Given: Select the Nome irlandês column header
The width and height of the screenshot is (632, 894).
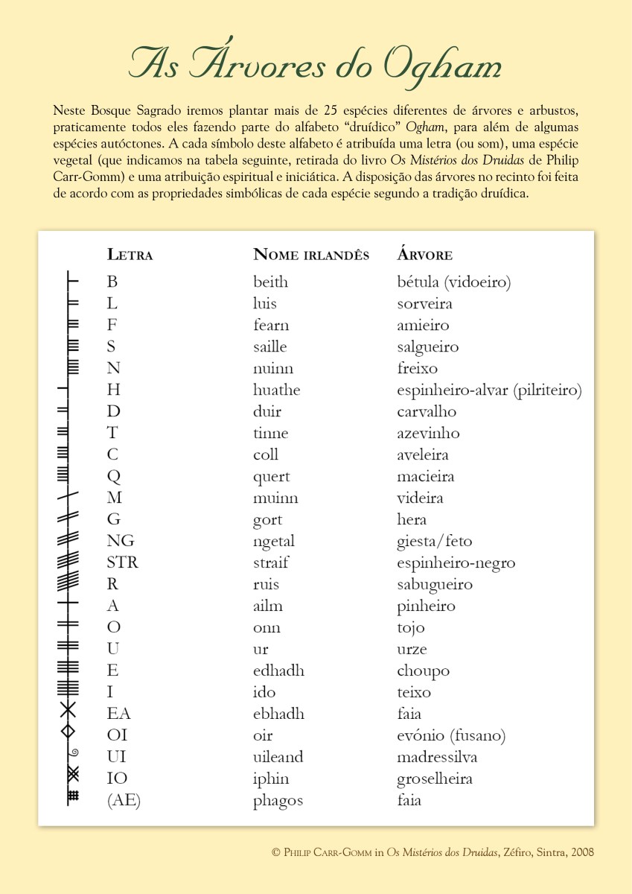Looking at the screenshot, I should tap(311, 254).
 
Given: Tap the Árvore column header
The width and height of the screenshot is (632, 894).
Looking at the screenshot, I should tap(424, 254).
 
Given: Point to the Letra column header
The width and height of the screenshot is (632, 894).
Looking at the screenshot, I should tap(130, 254).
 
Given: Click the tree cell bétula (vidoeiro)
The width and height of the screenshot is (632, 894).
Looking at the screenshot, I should tap(454, 282).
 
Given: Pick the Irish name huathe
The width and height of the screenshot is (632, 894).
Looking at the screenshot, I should tap(276, 390).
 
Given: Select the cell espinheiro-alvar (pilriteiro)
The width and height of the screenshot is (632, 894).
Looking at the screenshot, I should tap(489, 390).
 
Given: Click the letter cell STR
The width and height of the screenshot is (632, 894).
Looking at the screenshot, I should tap(122, 562).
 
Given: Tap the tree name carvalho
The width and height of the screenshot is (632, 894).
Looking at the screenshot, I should tap(427, 412).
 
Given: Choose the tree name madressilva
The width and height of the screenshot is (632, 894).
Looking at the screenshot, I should tap(437, 758).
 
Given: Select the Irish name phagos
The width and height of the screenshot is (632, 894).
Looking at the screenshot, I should tap(278, 801).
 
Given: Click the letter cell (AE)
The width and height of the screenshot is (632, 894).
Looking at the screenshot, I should tap(124, 801).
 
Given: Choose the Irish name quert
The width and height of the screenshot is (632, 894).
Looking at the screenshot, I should tap(271, 477).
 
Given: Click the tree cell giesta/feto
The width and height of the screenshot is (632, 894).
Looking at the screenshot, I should tap(434, 542).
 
